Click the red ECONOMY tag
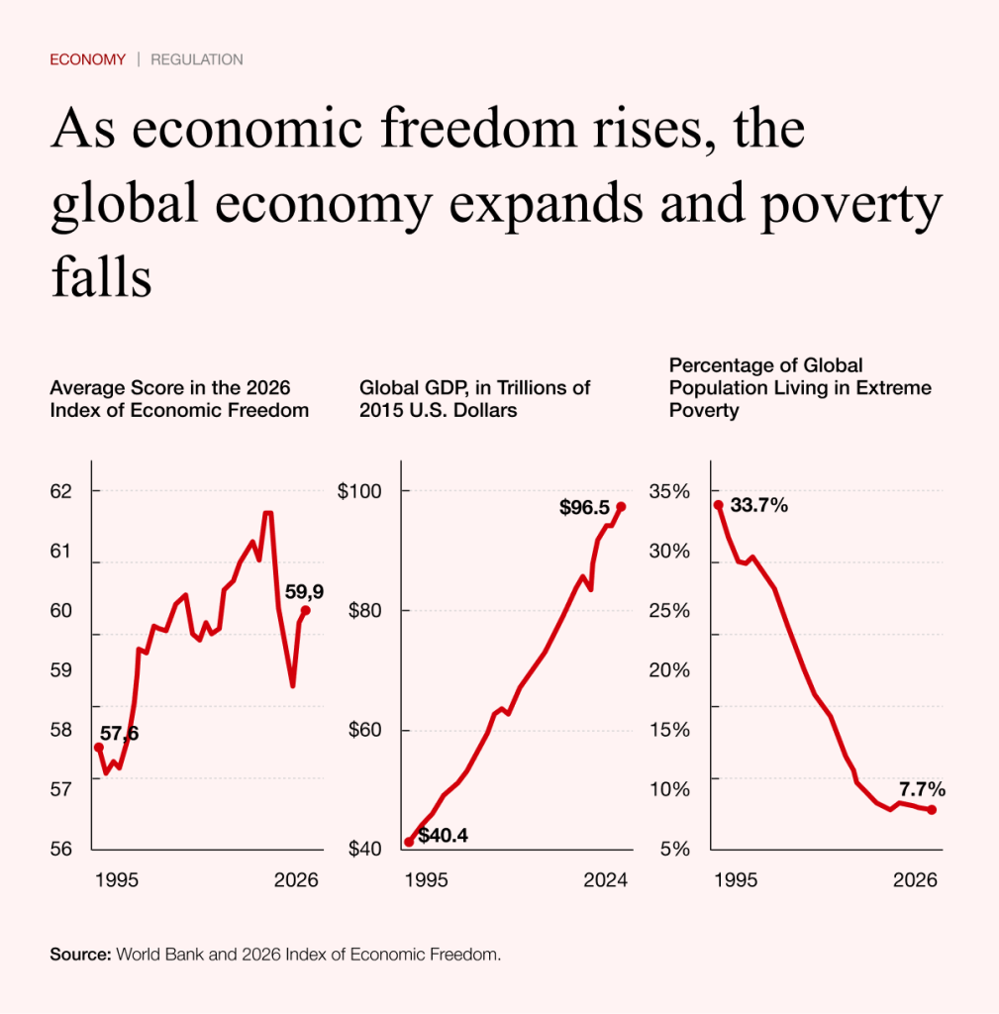(x=87, y=59)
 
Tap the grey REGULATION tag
(x=196, y=59)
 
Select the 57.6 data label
(x=119, y=734)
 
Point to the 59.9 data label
(x=304, y=592)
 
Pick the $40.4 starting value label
(x=443, y=835)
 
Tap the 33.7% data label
(x=758, y=506)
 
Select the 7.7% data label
(x=922, y=789)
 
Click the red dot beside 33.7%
(x=719, y=505)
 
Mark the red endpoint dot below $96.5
(x=621, y=507)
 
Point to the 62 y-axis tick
(x=61, y=491)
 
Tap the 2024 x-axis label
(x=606, y=879)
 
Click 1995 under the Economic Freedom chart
(x=117, y=879)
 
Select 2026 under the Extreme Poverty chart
(x=916, y=879)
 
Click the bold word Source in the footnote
(x=80, y=956)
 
